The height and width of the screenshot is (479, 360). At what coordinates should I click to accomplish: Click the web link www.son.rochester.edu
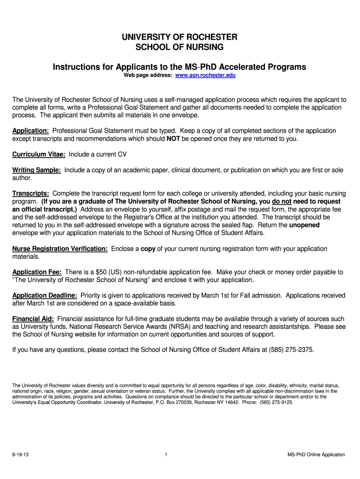pos(205,75)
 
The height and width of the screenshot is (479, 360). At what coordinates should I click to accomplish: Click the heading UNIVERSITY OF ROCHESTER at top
pos(180,37)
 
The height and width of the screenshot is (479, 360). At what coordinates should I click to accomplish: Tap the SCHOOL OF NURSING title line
pos(180,47)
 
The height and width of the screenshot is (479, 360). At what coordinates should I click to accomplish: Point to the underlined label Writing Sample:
pos(36,170)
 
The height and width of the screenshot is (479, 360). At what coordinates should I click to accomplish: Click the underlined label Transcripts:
pos(31,194)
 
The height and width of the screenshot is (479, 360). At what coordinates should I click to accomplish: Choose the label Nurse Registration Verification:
pos(60,249)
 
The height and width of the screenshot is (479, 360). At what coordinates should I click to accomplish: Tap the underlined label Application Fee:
pos(37,272)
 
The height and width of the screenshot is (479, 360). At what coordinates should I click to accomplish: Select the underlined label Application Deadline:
pos(44,296)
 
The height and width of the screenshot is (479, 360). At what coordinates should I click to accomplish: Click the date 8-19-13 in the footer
pos(20,455)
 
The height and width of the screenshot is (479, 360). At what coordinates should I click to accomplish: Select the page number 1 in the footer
pos(166,455)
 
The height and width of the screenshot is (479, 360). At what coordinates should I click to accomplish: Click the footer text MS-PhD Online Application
pos(317,455)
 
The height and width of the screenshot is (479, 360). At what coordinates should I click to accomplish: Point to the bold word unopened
pos(304,225)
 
